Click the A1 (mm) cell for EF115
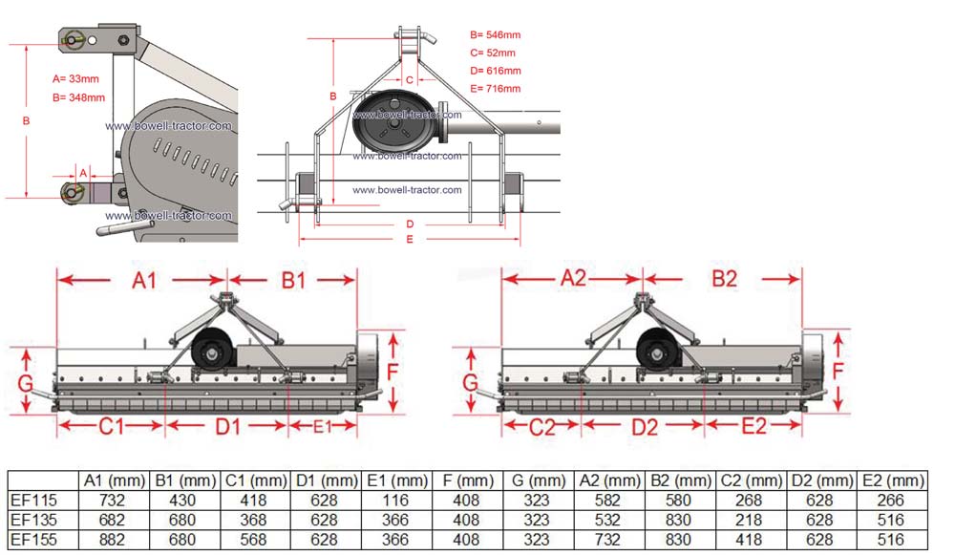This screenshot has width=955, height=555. click(112, 501)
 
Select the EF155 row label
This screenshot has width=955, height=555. click(33, 540)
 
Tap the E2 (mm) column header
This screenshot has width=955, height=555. click(894, 480)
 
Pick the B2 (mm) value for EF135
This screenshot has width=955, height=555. click(678, 520)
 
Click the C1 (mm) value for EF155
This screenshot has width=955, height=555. click(253, 540)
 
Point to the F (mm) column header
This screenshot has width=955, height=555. click(468, 480)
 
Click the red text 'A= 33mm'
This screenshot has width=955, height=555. click(75, 78)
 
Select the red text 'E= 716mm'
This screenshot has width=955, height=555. click(495, 88)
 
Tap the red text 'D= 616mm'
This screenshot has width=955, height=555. click(495, 71)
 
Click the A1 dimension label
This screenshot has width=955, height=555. click(144, 280)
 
